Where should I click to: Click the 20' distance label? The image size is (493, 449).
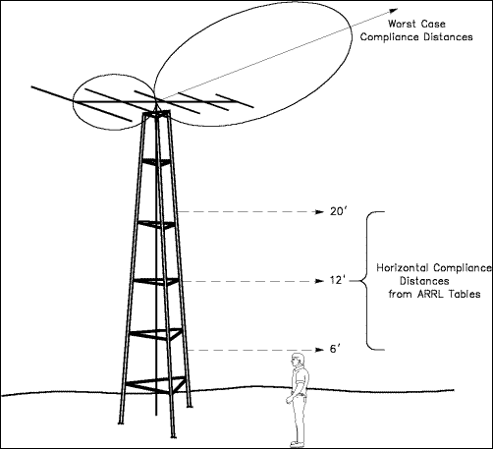(338, 212)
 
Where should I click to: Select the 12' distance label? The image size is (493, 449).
(338, 281)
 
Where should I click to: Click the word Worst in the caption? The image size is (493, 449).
(402, 24)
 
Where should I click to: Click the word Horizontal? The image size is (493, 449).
(403, 268)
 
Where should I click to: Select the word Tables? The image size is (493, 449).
(465, 294)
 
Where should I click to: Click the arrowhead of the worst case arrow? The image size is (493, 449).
(393, 11)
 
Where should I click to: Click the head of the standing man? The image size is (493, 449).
(298, 361)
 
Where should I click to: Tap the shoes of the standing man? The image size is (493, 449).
(298, 444)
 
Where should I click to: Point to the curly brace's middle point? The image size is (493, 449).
(361, 281)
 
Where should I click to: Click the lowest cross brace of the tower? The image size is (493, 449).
(156, 385)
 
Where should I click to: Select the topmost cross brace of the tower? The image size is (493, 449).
(156, 162)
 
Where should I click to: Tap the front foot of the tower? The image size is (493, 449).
(173, 436)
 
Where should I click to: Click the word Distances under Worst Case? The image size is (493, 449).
(448, 37)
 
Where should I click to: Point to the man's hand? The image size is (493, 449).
(289, 400)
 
